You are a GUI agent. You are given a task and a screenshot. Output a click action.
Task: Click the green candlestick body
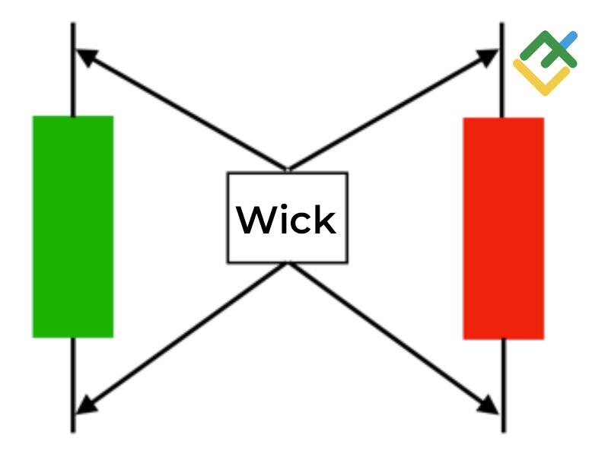tap(72, 226)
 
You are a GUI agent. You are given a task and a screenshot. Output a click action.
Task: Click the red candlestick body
tap(503, 227)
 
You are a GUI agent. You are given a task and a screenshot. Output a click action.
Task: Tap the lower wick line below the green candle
tap(73, 384)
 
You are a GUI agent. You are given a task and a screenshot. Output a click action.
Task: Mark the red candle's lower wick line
tap(503, 384)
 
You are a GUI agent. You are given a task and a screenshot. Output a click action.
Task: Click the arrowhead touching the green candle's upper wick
tap(87, 57)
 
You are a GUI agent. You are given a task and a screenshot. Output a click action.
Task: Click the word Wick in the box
tap(287, 220)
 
